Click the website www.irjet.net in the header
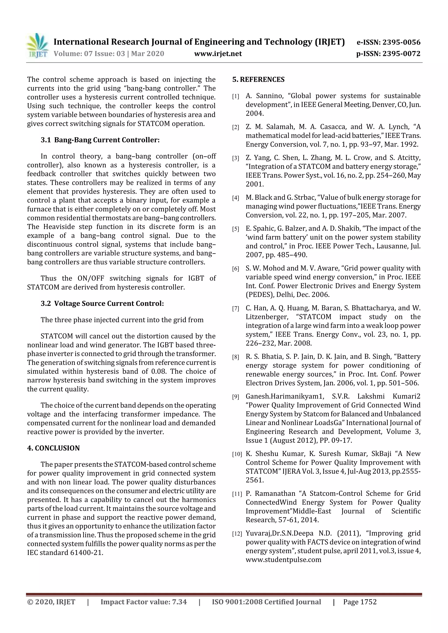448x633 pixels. (x=218, y=54)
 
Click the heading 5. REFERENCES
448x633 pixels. (x=258, y=80)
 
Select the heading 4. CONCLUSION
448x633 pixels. (x=53, y=448)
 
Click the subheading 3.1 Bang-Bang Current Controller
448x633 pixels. (x=100, y=140)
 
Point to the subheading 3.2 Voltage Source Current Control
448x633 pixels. (x=102, y=303)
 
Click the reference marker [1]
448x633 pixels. (x=235, y=97)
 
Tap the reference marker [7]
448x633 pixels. (x=235, y=309)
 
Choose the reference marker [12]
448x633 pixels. (x=237, y=534)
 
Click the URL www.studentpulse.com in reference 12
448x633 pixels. (x=283, y=560)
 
